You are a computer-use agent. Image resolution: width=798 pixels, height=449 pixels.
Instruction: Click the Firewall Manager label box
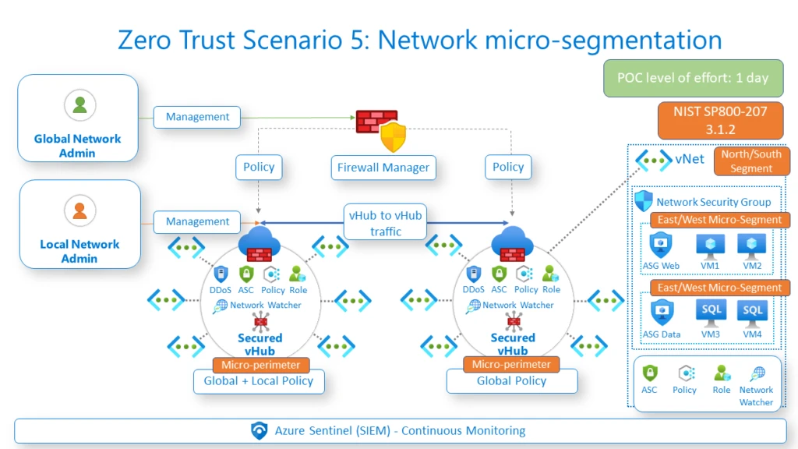tap(383, 168)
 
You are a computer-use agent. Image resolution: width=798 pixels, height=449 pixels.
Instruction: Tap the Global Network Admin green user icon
tap(79, 105)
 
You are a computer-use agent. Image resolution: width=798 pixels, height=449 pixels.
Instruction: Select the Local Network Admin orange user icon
tap(79, 210)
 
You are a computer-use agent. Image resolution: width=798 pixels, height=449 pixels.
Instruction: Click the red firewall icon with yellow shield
tap(381, 129)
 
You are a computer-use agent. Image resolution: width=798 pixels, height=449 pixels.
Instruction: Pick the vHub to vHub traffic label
tap(386, 223)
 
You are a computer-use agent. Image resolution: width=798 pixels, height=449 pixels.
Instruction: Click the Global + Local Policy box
tap(259, 381)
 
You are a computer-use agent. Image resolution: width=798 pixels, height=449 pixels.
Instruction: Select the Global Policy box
tap(511, 381)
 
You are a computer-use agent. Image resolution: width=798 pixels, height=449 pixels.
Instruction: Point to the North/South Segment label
tap(750, 161)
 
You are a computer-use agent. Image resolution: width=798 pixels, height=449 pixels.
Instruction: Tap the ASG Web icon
tap(661, 246)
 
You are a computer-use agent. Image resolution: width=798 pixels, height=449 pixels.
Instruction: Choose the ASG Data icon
tap(661, 313)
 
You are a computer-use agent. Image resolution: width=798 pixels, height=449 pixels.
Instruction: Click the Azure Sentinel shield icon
tap(260, 430)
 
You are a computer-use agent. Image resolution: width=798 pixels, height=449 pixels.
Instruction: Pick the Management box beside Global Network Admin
tap(197, 117)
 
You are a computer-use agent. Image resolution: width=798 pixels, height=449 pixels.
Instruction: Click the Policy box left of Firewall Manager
tap(259, 168)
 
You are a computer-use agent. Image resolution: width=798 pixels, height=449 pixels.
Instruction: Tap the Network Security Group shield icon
tap(644, 200)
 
